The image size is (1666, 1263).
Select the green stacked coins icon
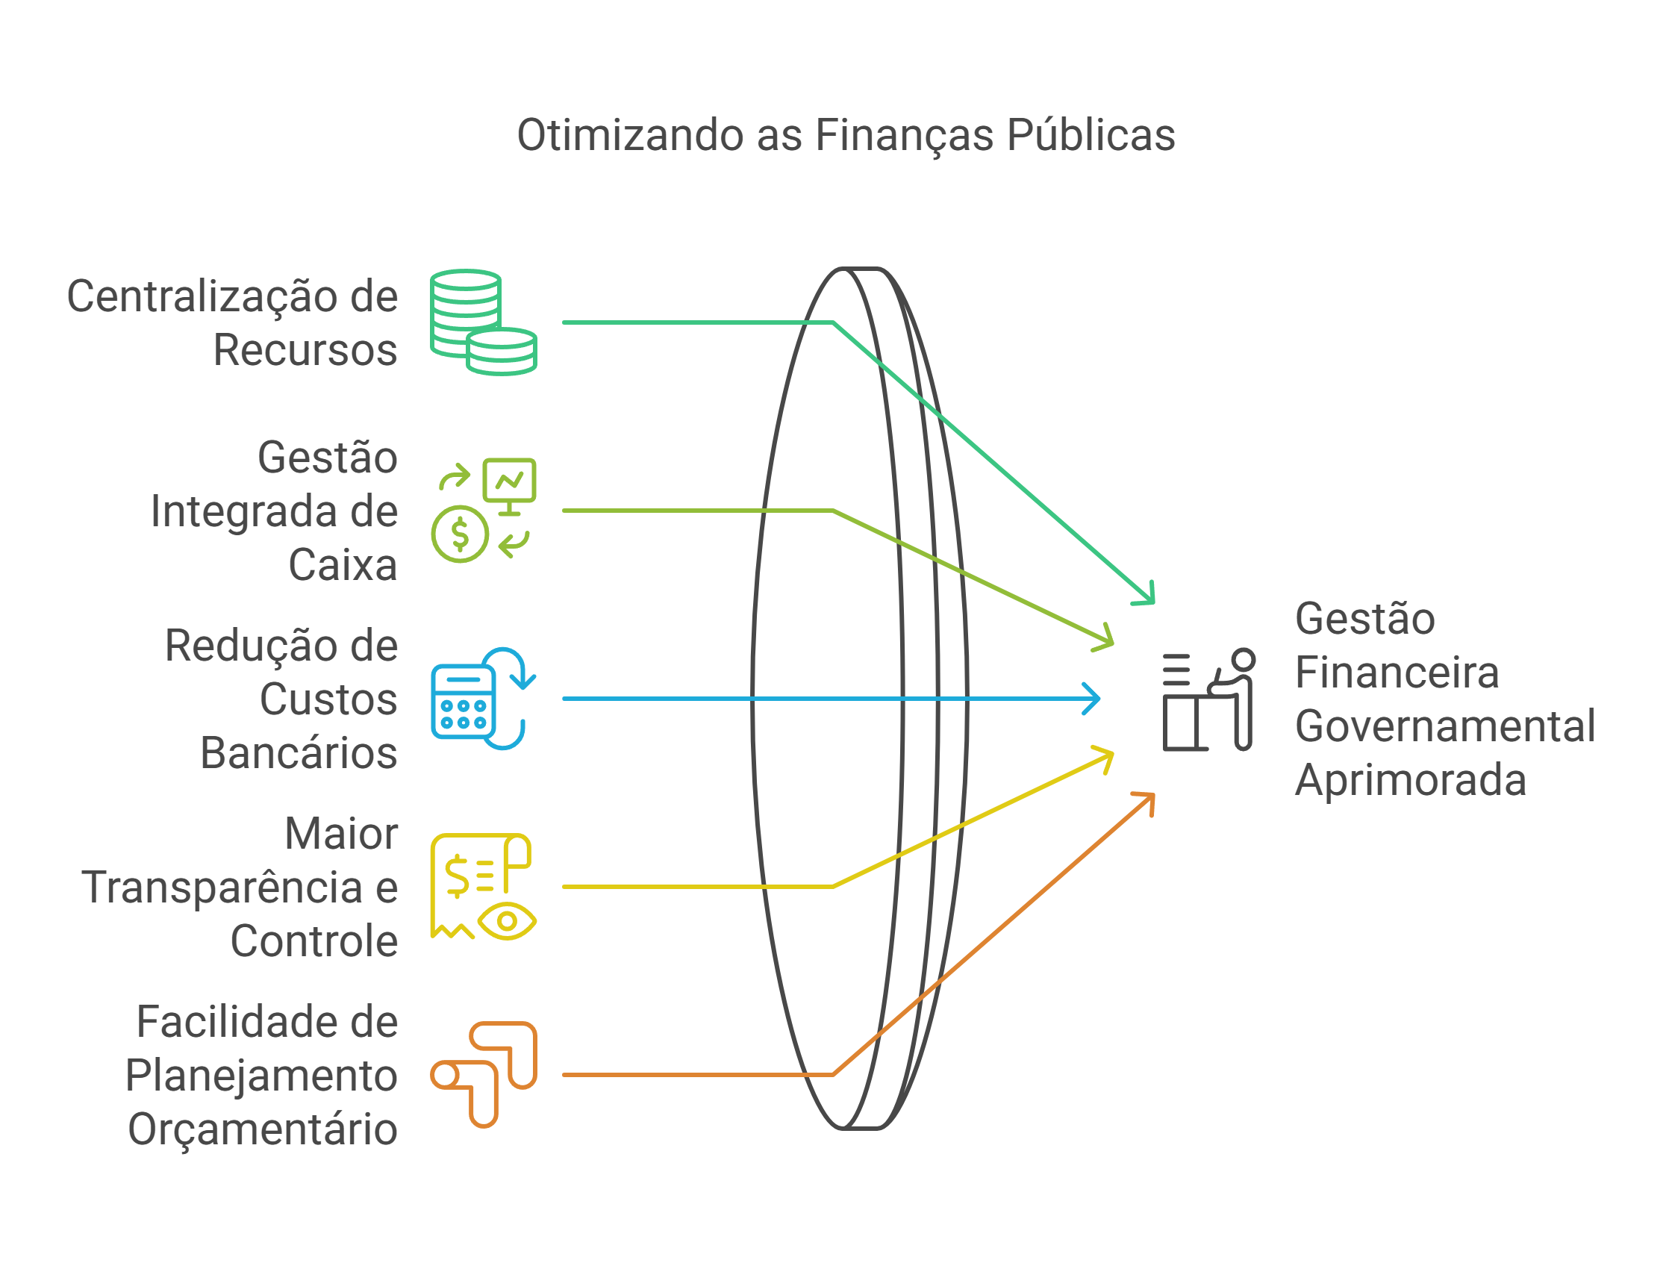click(483, 322)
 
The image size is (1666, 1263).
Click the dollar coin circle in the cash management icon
click(460, 534)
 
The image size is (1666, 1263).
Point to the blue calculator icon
click(464, 702)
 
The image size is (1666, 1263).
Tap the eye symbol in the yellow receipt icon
click(507, 920)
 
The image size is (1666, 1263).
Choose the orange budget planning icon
click(483, 1074)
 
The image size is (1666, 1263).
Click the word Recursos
click(305, 350)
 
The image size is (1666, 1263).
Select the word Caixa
click(343, 565)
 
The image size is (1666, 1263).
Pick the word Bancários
click(299, 753)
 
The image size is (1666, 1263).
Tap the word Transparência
click(222, 888)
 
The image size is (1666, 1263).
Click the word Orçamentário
click(263, 1129)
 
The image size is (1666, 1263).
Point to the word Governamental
click(1444, 726)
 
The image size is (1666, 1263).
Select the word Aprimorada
click(1410, 779)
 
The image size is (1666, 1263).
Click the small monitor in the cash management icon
click(509, 481)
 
